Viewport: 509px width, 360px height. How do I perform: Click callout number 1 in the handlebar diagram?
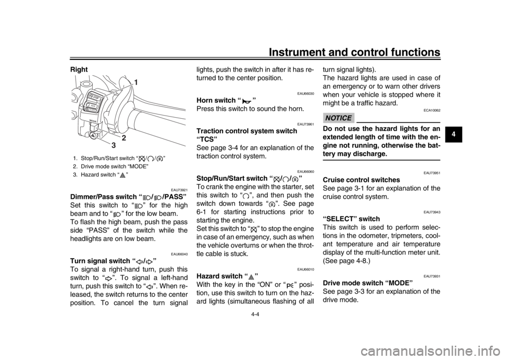(136, 82)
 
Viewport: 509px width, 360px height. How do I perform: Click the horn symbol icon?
(247, 101)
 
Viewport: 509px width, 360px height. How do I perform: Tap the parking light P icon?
(291, 285)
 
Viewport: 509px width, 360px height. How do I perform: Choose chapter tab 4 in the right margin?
(453, 134)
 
